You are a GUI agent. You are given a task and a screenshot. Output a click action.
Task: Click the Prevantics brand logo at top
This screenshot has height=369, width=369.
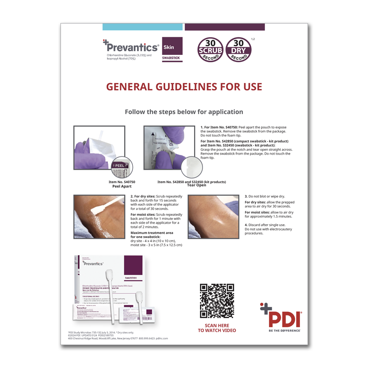(x=132, y=47)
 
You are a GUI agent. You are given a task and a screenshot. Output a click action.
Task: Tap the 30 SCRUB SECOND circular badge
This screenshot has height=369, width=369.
(x=210, y=50)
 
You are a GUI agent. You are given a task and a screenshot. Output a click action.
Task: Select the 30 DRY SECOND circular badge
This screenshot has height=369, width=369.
(x=238, y=50)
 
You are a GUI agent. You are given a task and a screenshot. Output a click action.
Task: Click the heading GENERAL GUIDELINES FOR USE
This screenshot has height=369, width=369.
(x=184, y=87)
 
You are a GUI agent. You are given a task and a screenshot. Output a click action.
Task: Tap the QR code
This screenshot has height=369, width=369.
(x=217, y=301)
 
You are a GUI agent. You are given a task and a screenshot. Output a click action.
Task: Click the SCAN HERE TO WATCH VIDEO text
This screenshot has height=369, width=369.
(x=217, y=327)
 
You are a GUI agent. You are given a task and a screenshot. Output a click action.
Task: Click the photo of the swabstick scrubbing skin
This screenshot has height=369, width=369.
(x=99, y=216)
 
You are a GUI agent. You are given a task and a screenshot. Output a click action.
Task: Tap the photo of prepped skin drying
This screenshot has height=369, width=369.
(x=214, y=216)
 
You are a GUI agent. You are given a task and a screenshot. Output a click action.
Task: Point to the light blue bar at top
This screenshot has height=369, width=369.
(x=143, y=27)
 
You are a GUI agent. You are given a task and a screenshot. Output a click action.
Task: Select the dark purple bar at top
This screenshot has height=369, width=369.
(x=225, y=27)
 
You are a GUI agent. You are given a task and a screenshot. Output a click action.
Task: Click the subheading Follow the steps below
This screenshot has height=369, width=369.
(x=184, y=112)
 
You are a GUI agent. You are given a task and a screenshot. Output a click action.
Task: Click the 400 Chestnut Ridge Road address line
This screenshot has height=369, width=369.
(x=118, y=339)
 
